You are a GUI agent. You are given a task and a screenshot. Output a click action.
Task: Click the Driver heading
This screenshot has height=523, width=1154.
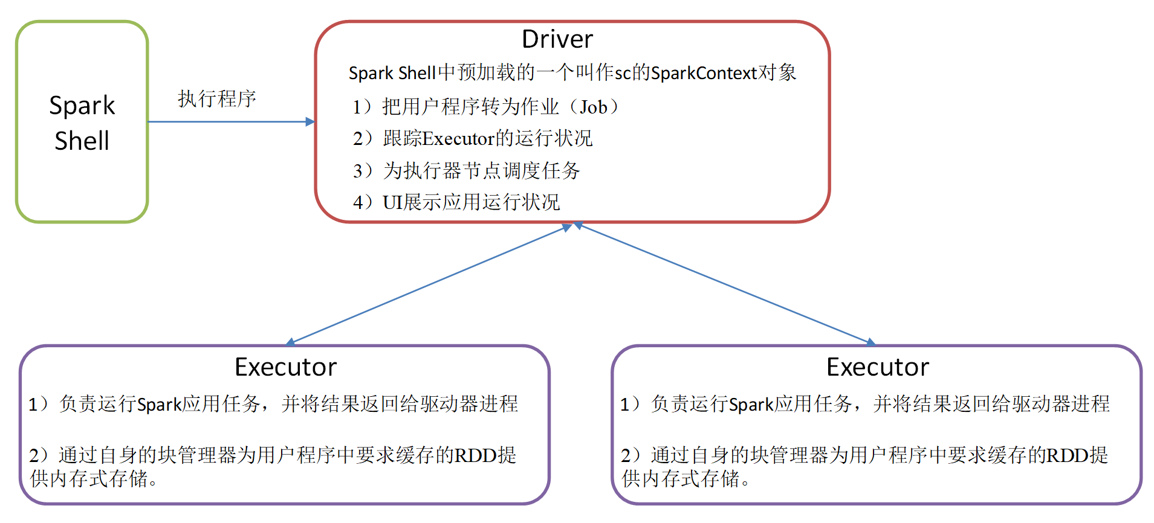(x=557, y=39)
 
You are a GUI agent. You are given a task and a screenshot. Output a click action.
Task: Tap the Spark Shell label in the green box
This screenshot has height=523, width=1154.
(x=82, y=123)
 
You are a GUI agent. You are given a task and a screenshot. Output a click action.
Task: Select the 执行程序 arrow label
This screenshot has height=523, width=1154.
(x=216, y=98)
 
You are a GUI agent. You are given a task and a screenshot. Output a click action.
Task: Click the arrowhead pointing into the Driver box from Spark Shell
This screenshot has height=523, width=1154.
(x=310, y=121)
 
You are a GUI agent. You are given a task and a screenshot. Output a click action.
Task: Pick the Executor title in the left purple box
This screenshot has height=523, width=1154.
(x=285, y=367)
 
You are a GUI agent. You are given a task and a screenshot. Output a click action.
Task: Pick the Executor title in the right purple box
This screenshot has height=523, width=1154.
(x=877, y=367)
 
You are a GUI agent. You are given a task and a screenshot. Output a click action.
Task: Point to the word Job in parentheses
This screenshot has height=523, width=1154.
(x=593, y=107)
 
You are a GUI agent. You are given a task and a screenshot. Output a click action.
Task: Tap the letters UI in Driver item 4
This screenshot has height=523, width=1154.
(x=392, y=202)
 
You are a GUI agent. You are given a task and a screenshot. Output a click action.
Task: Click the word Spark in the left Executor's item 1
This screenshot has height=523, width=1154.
(x=160, y=404)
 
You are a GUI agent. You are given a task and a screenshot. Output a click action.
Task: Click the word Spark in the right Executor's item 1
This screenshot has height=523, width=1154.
(x=751, y=404)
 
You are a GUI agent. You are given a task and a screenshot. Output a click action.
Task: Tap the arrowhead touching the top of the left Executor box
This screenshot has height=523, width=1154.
(x=290, y=342)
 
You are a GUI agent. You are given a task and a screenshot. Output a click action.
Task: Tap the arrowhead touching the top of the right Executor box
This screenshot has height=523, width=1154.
(x=870, y=342)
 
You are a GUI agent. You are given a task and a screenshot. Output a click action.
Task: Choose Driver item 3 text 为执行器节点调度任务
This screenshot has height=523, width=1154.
(x=481, y=171)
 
